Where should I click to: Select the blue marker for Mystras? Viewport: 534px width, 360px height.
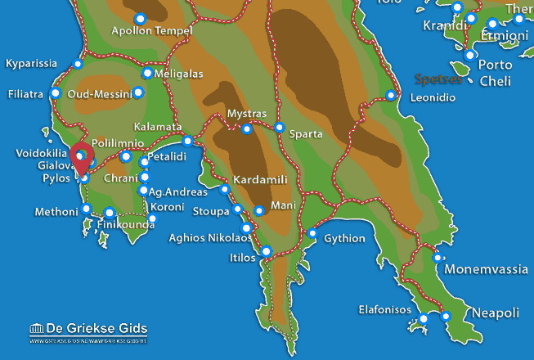[247, 128]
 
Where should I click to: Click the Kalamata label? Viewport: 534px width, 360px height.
[157, 128]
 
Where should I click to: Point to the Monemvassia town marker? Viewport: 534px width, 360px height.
[438, 258]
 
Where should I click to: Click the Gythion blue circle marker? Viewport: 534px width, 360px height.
[312, 233]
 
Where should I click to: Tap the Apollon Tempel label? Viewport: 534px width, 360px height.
[150, 31]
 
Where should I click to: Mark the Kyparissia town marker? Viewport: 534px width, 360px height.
[79, 64]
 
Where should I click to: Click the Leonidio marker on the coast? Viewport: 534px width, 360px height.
[391, 96]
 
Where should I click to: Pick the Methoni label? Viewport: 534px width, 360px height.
[56, 212]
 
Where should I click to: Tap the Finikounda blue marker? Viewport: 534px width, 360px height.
[109, 213]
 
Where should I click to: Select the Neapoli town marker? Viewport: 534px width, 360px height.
[446, 316]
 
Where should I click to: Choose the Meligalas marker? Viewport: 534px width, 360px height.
[147, 73]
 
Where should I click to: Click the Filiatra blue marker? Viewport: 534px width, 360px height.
[56, 93]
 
